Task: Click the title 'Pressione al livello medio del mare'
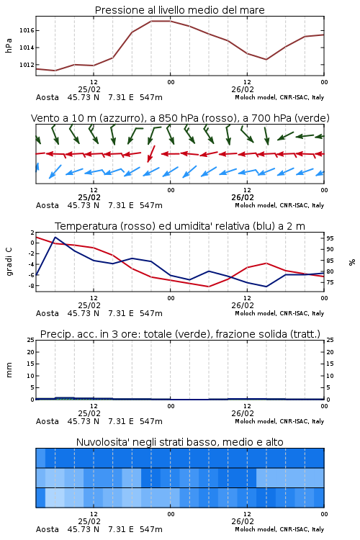(x=179, y=10)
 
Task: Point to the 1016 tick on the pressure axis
(x=27, y=31)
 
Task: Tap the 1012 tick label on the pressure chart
(x=27, y=65)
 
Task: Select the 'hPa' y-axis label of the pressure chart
(x=9, y=45)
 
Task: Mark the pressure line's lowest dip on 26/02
(x=266, y=60)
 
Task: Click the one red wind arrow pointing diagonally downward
(x=151, y=153)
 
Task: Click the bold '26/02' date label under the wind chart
(x=243, y=197)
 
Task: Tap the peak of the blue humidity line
(x=55, y=238)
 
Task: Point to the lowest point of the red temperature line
(x=208, y=287)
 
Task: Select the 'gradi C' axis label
(x=9, y=261)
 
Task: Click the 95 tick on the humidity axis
(x=330, y=238)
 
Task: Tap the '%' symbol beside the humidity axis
(x=352, y=262)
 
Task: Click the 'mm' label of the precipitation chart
(x=9, y=369)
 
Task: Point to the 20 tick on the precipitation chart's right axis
(x=330, y=352)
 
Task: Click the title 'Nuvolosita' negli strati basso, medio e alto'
(x=179, y=442)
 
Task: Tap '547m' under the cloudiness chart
(x=151, y=529)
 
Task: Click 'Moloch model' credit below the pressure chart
(x=255, y=97)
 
